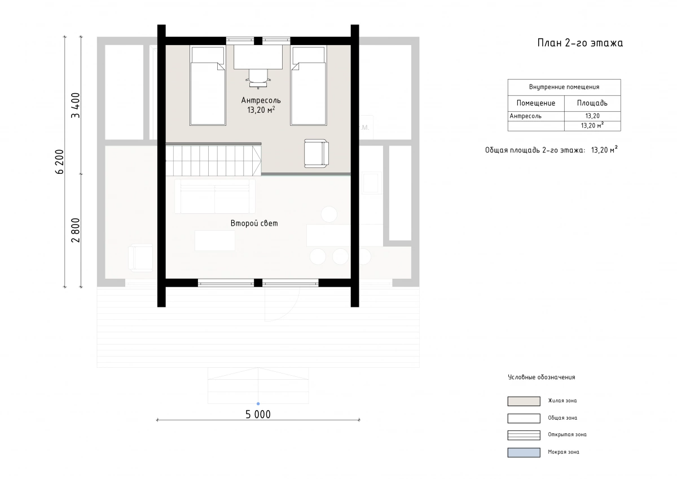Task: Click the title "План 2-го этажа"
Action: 580,43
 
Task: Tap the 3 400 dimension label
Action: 76,105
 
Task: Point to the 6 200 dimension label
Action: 60,162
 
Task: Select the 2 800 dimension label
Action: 76,230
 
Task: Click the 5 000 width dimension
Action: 258,414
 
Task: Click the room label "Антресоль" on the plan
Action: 261,100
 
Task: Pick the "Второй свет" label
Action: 254,223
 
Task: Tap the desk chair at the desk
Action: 258,78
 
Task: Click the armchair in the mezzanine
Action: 316,153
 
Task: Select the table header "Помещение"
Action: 536,103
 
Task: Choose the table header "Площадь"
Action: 592,103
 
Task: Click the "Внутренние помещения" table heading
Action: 564,87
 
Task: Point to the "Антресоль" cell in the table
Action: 526,116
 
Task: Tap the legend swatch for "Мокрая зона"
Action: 524,452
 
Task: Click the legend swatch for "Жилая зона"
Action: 524,401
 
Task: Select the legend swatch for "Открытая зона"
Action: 524,435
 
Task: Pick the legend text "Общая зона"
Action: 562,418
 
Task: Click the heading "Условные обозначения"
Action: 541,377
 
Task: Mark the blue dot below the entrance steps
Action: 258,404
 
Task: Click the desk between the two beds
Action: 258,57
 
